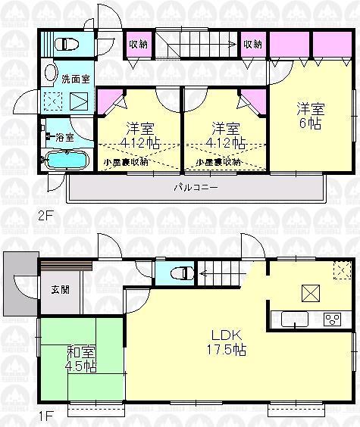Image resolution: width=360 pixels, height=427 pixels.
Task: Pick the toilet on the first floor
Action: pos(179,273)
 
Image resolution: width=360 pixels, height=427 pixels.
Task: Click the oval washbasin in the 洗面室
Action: pos(51,74)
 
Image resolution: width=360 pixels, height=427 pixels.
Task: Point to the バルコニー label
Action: pos(196,186)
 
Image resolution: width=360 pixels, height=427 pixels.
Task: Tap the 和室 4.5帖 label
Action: pos(80,357)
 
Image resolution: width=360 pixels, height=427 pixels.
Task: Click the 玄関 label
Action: pos(60,290)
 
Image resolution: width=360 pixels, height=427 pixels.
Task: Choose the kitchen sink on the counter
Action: pos(294,319)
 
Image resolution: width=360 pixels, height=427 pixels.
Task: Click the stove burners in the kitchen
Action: pos(333,319)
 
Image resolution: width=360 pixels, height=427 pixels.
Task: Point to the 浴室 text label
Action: pos(62,137)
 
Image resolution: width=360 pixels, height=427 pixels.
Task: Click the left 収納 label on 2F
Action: pos(137,44)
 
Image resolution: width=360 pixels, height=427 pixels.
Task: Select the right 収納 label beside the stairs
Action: pos(252,44)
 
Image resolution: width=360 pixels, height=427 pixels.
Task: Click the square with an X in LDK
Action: pos(309,292)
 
